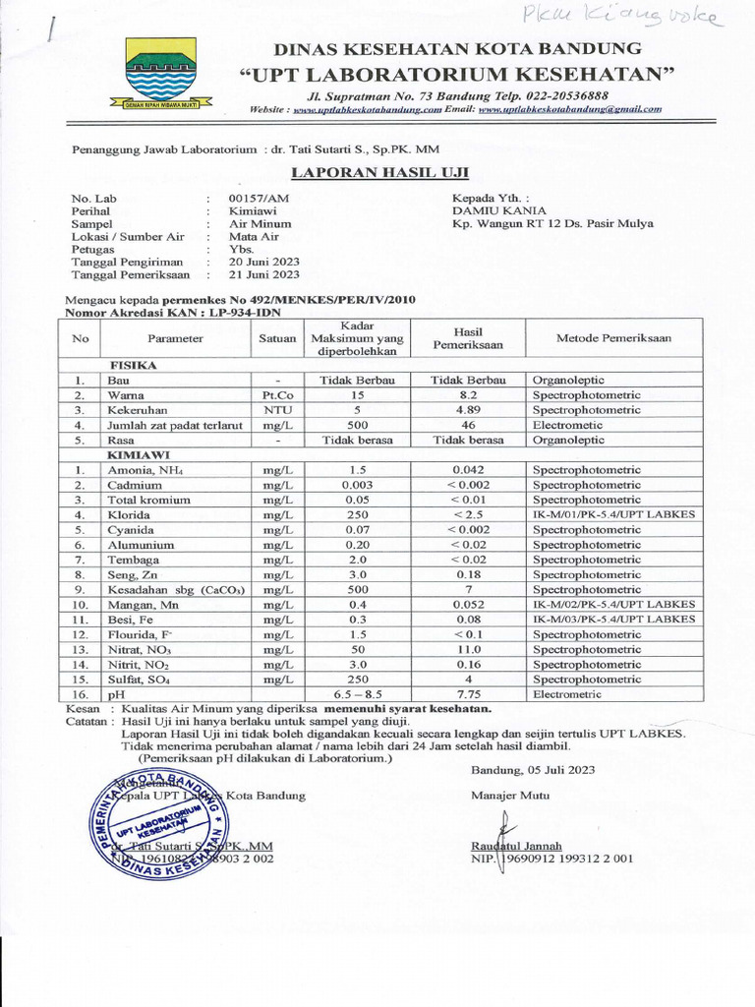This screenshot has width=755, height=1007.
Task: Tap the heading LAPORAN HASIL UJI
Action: pyautogui.click(x=379, y=173)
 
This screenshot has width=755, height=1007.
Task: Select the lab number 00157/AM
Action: pyautogui.click(x=259, y=198)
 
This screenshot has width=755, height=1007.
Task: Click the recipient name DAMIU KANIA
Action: pyautogui.click(x=498, y=210)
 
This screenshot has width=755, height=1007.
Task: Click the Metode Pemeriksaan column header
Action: pyautogui.click(x=613, y=337)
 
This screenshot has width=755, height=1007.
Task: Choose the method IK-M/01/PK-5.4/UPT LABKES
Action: pyautogui.click(x=613, y=514)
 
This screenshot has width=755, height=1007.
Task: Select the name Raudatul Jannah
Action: pyautogui.click(x=516, y=845)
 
